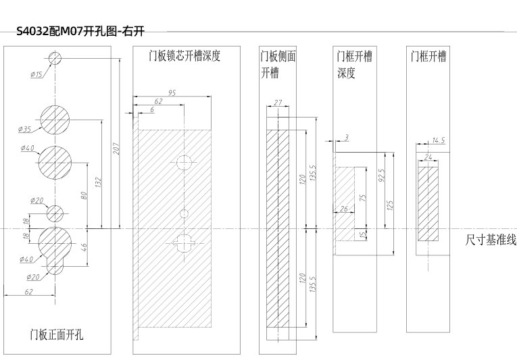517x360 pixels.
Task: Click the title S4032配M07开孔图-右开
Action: [80, 31]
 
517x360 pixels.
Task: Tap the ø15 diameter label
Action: [36, 75]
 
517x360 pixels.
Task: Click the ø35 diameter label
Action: [26, 128]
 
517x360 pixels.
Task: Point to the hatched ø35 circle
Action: [56, 119]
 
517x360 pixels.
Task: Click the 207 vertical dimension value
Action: [116, 148]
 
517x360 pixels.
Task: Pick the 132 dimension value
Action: [99, 182]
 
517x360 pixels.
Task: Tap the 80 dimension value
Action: [84, 195]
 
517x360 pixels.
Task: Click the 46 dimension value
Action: [84, 247]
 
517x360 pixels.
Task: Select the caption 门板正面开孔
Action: [57, 334]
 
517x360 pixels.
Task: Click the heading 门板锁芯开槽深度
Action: [184, 56]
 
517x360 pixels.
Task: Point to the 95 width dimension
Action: [172, 93]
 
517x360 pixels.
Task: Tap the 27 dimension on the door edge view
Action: [278, 103]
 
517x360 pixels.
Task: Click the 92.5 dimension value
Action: [381, 176]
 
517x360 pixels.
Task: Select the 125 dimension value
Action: [391, 204]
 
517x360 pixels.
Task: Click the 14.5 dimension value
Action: [438, 140]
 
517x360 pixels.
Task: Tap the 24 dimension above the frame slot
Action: [428, 157]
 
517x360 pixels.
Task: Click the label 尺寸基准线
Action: [491, 240]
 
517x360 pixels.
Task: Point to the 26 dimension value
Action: [344, 209]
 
